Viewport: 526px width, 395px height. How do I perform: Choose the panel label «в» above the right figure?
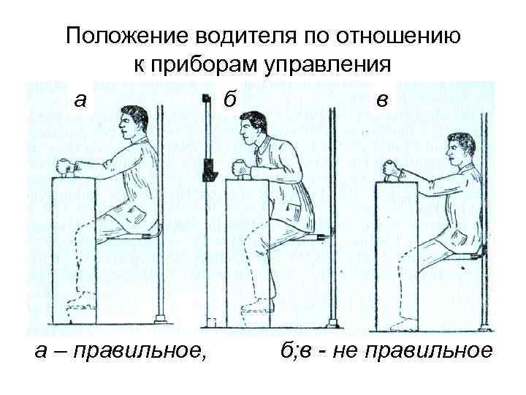pos(381,99)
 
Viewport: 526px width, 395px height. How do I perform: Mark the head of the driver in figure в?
pos(461,150)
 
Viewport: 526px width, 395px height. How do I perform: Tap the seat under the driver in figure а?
pos(140,236)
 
